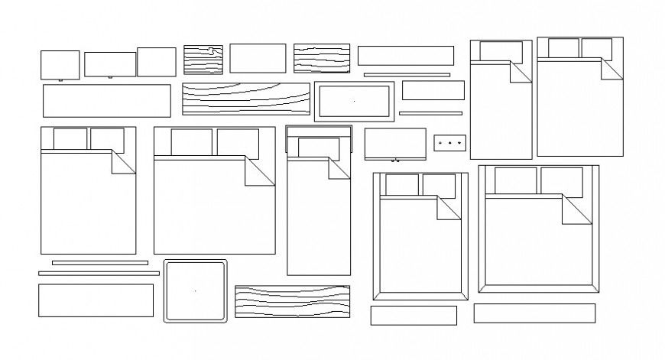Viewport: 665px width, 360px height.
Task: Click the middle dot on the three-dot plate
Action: click(x=450, y=141)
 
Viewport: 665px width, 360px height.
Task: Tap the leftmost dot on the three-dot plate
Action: click(x=441, y=141)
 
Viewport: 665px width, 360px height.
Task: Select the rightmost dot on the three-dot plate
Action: click(x=459, y=141)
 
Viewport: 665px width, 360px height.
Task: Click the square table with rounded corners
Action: click(x=195, y=291)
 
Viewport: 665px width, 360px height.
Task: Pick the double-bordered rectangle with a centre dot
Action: click(x=354, y=101)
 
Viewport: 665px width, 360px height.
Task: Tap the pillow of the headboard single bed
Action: click(x=318, y=147)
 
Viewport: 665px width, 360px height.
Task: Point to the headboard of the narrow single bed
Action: click(x=318, y=131)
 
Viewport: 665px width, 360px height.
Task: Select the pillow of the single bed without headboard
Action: click(x=501, y=51)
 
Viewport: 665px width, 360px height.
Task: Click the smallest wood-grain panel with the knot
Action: click(x=203, y=59)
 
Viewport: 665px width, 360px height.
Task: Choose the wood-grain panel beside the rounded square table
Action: click(x=292, y=301)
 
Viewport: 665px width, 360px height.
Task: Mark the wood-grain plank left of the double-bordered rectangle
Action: click(x=245, y=99)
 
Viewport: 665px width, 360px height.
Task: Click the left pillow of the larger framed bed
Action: click(x=515, y=180)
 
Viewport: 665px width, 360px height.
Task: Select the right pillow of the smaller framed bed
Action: click(x=439, y=185)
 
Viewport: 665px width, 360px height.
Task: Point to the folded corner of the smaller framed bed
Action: click(x=449, y=209)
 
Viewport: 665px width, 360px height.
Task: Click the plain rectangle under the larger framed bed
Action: click(x=534, y=313)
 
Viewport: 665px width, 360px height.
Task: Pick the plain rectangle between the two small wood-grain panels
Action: click(x=258, y=58)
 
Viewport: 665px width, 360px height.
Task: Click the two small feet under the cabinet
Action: click(x=395, y=161)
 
